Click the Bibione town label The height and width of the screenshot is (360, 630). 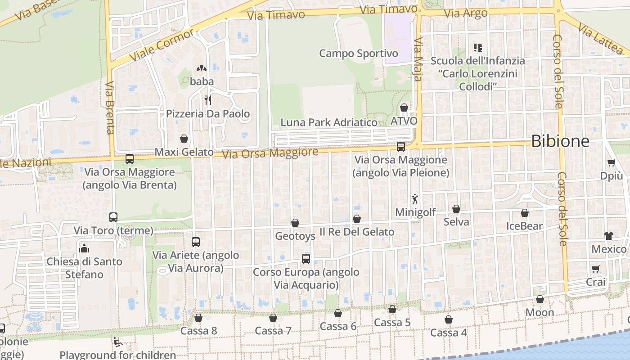[x=560, y=141]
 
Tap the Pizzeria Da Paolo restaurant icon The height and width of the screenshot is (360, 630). [x=207, y=100]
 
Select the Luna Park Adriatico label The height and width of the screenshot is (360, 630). [x=329, y=122]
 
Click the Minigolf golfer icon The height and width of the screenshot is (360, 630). [x=415, y=198]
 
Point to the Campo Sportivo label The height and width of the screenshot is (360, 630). [x=358, y=54]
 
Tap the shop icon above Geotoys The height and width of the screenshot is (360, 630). [x=295, y=223]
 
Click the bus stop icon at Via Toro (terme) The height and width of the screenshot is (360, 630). [x=113, y=217]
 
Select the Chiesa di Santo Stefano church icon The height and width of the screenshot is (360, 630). [x=84, y=248]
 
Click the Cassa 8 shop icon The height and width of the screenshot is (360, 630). [x=198, y=318]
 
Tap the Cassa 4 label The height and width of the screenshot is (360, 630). [x=449, y=333]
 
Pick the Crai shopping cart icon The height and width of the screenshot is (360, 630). [x=596, y=269]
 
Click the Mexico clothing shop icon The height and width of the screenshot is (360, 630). [x=609, y=235]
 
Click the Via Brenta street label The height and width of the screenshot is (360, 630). [x=110, y=108]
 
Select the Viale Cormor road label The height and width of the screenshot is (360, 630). [x=162, y=45]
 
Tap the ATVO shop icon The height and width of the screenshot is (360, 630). [x=404, y=108]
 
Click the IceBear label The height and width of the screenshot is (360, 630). [x=524, y=226]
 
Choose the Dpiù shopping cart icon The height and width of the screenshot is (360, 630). [x=611, y=163]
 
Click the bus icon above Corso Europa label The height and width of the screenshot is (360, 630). [x=306, y=258]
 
